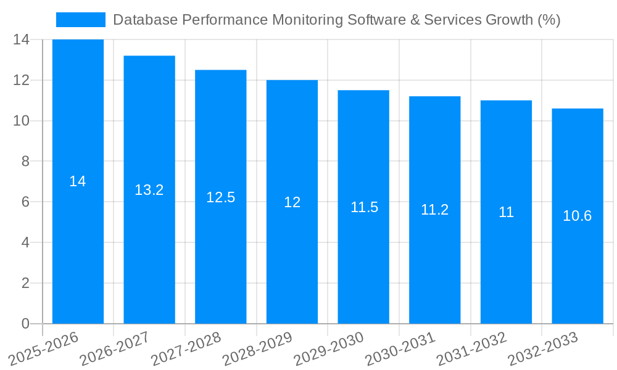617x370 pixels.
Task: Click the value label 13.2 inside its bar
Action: tap(149, 190)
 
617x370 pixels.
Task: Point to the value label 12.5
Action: tap(220, 197)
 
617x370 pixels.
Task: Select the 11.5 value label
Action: tap(364, 207)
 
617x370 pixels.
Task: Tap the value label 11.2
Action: tap(434, 210)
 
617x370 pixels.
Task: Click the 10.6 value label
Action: tap(578, 216)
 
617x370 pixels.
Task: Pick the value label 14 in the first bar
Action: tap(78, 181)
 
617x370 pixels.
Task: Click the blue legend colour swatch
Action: tap(80, 20)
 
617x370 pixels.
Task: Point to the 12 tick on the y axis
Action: tap(22, 80)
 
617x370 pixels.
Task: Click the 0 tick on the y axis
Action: tap(25, 324)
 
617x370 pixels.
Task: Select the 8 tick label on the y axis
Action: tap(25, 162)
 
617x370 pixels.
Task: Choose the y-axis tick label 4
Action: tap(25, 242)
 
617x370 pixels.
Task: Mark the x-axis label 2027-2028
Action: tap(186, 348)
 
